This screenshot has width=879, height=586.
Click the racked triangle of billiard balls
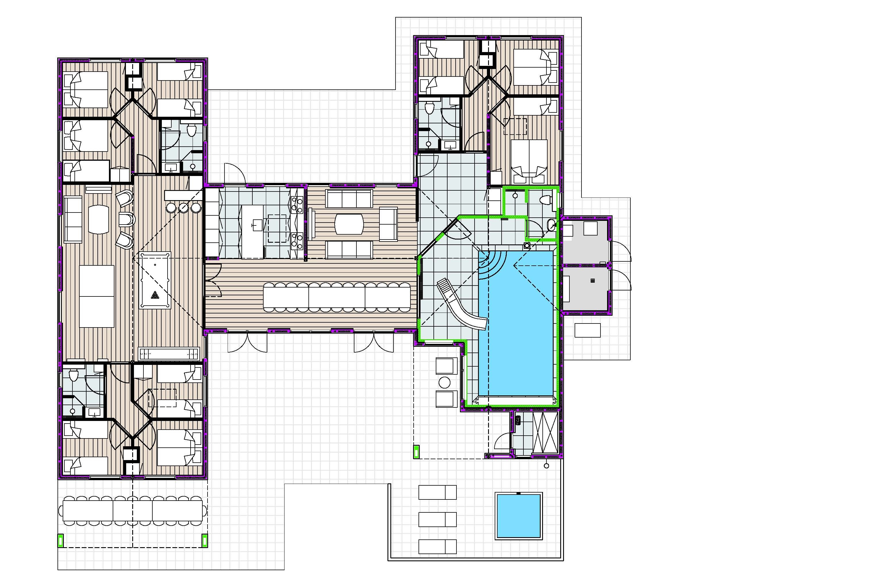(155, 296)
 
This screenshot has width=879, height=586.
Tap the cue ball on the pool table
(155, 265)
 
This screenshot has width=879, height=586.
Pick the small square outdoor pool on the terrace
(519, 515)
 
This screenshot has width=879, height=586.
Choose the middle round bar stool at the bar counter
(184, 208)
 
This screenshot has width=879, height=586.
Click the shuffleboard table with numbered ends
(169, 353)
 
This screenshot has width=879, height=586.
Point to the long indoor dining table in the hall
(336, 297)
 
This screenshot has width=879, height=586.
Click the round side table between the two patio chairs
(445, 382)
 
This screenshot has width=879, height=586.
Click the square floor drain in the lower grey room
(592, 280)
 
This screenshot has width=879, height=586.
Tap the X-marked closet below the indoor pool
(545, 433)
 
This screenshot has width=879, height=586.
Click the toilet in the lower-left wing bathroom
(74, 375)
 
